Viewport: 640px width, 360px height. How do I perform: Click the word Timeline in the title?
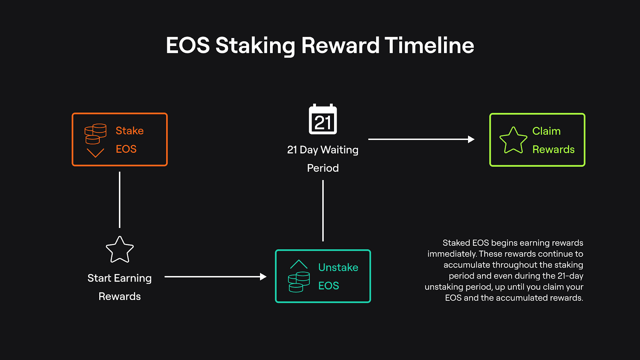(x=429, y=46)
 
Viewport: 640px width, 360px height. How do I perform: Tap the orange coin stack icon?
(x=96, y=134)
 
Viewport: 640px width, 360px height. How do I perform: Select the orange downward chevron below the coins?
(x=96, y=153)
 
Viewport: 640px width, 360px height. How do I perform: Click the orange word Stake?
(x=130, y=131)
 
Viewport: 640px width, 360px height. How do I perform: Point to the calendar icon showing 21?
(x=323, y=119)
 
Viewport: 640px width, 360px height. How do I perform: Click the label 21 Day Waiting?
(x=322, y=150)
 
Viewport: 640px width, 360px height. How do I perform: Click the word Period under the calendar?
(x=323, y=168)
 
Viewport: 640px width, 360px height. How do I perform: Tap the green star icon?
(x=513, y=140)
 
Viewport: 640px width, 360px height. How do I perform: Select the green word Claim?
(x=546, y=131)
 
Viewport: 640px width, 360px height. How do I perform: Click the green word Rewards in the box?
(x=554, y=150)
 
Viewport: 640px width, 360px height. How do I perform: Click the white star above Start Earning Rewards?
(x=120, y=250)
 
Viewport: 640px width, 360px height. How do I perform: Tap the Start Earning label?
(x=120, y=278)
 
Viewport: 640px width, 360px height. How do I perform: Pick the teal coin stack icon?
(x=299, y=282)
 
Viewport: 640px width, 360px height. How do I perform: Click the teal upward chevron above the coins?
(x=299, y=264)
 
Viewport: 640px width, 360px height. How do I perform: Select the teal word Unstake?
(x=338, y=268)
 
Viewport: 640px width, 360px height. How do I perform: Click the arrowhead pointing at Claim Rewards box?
(x=471, y=139)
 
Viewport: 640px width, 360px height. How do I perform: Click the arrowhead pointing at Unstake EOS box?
(x=263, y=276)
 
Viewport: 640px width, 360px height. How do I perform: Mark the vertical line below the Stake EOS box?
(x=120, y=200)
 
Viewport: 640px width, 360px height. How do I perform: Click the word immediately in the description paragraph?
(x=452, y=254)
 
